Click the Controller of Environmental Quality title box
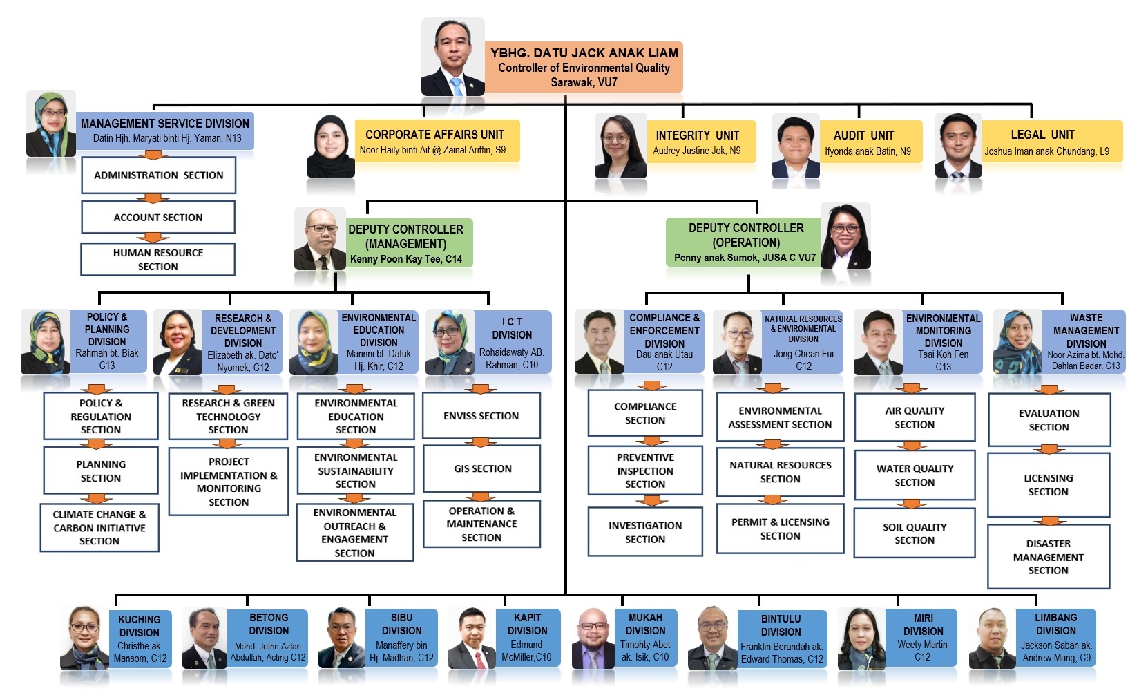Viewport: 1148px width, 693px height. (584, 67)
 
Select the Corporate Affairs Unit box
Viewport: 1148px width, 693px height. (436, 142)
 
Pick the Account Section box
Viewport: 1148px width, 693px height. (158, 217)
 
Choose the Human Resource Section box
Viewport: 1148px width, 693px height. (158, 260)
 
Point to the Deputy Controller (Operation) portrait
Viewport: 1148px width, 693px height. (846, 236)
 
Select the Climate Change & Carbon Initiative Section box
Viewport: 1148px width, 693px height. (99, 528)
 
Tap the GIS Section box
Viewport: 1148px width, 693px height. (482, 468)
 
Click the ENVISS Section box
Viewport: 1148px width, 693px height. (481, 416)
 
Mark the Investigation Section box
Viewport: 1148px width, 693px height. (645, 532)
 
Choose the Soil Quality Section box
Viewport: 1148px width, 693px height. (915, 533)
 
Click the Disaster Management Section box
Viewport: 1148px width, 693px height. (1048, 557)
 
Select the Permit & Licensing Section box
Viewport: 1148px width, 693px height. (781, 529)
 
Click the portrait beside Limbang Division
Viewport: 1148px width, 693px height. (992, 638)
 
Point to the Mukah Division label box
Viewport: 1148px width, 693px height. (645, 637)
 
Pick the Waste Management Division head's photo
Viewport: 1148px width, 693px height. (1017, 342)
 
